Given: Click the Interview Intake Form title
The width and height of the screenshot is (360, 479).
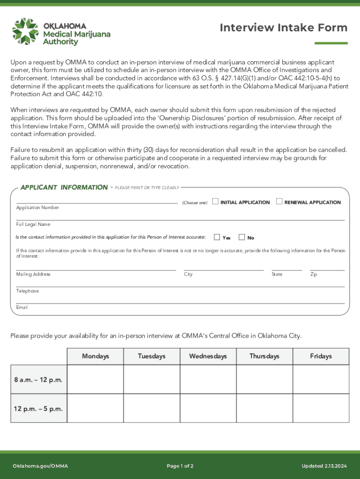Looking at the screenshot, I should click(283, 28).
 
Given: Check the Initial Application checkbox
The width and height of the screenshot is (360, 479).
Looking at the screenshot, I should click(215, 202).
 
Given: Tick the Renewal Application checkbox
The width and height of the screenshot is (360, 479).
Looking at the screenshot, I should click(279, 202).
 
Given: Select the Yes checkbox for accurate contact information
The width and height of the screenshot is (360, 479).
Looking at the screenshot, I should click(217, 237).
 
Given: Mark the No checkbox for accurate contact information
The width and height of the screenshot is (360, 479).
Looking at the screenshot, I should click(242, 237).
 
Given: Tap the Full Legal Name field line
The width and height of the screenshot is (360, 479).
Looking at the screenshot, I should click(180, 219).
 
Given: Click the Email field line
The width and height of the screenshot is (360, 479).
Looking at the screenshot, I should click(180, 302).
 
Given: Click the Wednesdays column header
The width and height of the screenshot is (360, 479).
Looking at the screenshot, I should click(208, 356).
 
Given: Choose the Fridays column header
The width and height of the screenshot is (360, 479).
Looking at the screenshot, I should click(321, 356).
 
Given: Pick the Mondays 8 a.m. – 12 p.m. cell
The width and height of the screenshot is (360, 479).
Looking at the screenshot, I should click(95, 379).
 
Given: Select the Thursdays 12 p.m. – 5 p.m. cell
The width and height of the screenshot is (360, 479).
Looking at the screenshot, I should click(264, 408).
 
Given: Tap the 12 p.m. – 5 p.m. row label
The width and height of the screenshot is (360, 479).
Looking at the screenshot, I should click(38, 409).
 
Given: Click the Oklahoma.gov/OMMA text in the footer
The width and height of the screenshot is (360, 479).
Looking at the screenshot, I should click(40, 466).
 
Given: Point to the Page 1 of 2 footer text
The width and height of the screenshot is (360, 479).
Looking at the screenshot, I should click(180, 466).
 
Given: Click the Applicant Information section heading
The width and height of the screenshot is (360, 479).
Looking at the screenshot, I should click(64, 188).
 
